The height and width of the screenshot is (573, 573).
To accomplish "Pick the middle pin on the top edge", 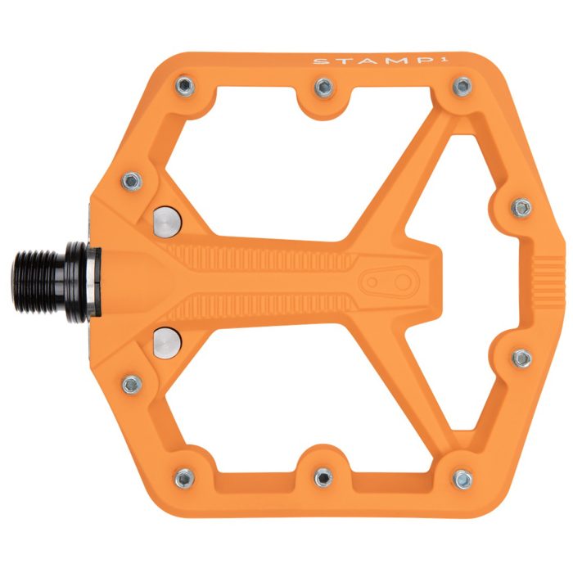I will (323, 86).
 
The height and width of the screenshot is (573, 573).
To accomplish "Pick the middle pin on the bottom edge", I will (323, 475).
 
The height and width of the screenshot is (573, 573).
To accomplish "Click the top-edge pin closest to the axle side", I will (185, 86).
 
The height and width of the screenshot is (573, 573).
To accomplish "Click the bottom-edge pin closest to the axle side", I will (185, 477).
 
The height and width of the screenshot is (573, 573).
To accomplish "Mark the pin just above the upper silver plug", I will (132, 180).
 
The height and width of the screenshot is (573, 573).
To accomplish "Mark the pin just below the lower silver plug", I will (132, 382).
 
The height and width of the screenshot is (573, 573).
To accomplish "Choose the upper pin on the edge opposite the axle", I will (521, 208).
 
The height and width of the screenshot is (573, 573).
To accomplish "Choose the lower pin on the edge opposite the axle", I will (521, 358).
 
